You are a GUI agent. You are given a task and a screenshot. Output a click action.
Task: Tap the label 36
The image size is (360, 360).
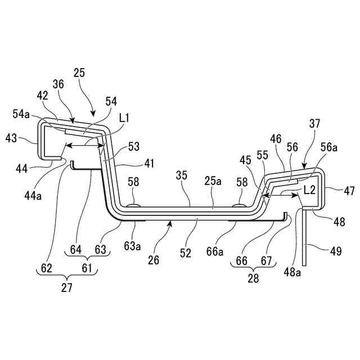point(58,84)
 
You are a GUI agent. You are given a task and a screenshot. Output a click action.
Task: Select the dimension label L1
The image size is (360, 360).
point(124,119)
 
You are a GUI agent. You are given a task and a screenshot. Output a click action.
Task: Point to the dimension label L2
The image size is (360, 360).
point(308,191)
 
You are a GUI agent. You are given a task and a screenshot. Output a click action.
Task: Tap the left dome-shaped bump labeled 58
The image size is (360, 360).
point(133,206)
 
